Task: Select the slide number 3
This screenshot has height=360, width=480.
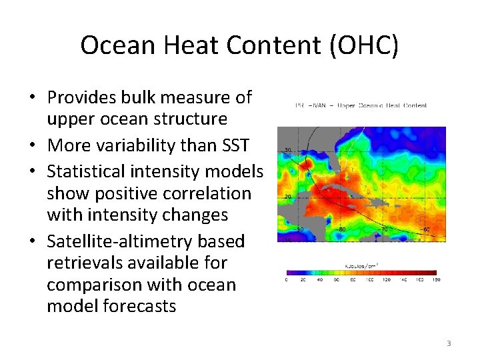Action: [449, 343]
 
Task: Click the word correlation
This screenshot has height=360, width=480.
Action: [209, 193]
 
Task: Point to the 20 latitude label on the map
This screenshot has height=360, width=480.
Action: [287, 196]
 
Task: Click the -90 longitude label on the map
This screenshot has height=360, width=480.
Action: [299, 229]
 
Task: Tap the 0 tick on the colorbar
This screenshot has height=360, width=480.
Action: [287, 279]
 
